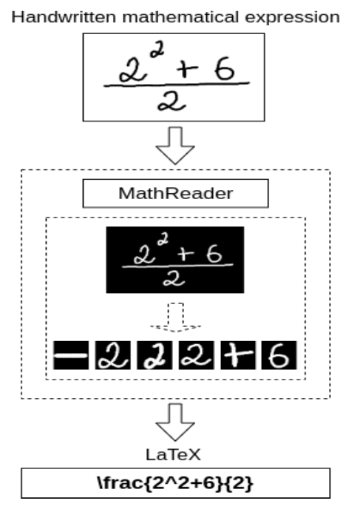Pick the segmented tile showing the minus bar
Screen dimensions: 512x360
pyautogui.click(x=72, y=357)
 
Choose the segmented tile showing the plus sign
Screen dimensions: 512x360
pyautogui.click(x=238, y=357)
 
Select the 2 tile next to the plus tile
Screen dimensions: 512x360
pyautogui.click(x=197, y=357)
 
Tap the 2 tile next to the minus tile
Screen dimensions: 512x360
pyautogui.click(x=114, y=357)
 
